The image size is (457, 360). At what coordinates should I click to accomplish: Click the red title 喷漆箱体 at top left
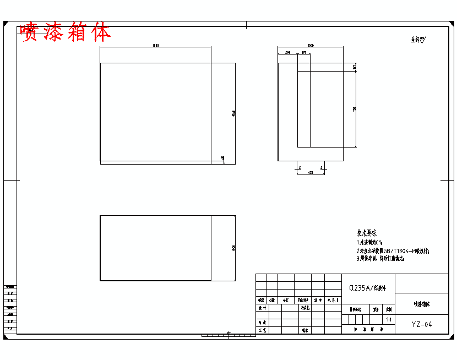[66, 32]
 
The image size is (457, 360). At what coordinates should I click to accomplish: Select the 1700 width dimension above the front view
[155, 46]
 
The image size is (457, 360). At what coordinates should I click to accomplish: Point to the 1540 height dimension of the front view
[233, 114]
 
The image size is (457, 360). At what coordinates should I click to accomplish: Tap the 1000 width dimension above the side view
[311, 46]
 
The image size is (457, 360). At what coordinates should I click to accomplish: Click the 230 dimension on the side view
[287, 53]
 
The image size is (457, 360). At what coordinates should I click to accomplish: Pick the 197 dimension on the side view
[303, 53]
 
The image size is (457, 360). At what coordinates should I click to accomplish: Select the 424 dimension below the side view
[311, 173]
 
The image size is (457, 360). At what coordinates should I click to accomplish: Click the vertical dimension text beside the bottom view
[233, 248]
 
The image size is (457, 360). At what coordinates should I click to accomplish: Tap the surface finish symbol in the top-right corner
[418, 40]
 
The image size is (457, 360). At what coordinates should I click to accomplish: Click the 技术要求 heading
[367, 233]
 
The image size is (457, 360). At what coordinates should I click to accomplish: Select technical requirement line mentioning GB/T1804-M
[393, 250]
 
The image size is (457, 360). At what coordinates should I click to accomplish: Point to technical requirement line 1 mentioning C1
[369, 242]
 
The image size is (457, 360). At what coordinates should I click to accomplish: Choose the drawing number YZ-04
[422, 325]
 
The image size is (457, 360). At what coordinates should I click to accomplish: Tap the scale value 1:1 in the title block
[389, 319]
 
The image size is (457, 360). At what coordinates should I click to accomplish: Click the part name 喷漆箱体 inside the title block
[422, 304]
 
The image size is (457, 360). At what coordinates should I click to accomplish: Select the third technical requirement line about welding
[380, 258]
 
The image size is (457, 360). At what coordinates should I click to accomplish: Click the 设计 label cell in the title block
[262, 308]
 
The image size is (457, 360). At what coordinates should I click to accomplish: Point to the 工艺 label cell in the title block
[262, 330]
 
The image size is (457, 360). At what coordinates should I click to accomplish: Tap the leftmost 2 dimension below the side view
[299, 167]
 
